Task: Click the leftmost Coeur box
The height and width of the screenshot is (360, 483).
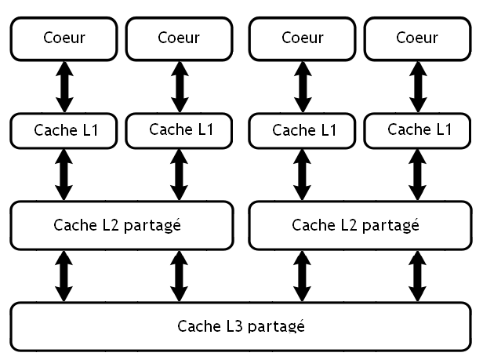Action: (64, 38)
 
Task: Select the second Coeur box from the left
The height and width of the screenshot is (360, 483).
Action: (179, 38)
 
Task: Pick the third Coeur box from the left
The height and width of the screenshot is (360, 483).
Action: (302, 38)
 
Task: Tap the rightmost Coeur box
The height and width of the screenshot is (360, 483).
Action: (416, 38)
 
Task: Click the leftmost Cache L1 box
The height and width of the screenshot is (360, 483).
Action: (64, 130)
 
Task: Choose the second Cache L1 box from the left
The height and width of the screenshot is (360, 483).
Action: (179, 129)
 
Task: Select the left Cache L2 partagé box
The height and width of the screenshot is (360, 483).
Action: (122, 225)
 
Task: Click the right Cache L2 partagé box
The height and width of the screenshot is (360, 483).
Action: (360, 225)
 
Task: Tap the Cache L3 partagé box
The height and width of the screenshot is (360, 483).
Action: (241, 325)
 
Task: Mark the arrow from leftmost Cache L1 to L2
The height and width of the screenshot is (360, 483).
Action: (64, 174)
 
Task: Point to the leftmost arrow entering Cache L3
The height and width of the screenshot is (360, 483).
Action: (64, 276)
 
